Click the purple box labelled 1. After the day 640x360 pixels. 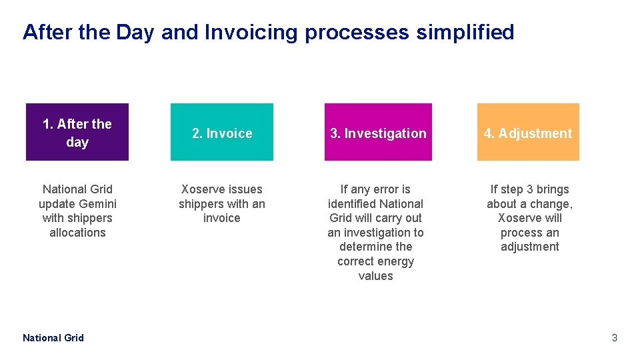coord(77,132)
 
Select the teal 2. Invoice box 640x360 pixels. coord(222,132)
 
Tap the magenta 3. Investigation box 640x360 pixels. coord(378,132)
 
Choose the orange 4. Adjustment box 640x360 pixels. coord(528,132)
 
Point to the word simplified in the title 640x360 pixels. coord(465,33)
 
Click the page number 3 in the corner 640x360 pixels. coord(615,338)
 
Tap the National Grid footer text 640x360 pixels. coord(53,338)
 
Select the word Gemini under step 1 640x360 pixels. coord(97,204)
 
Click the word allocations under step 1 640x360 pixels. coord(77,233)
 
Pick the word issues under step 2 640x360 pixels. coord(242,189)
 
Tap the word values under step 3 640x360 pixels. coord(376,276)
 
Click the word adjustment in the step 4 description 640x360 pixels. coord(530,247)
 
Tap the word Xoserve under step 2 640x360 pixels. coord(201,189)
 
